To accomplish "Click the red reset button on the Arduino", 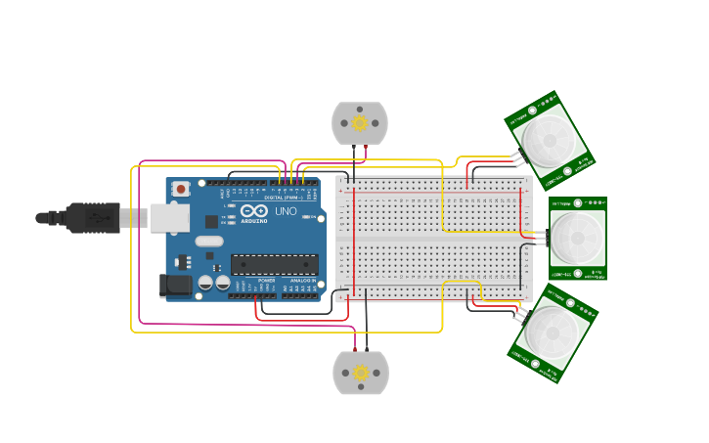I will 181,189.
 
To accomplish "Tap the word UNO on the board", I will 286,211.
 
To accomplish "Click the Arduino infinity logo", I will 253,211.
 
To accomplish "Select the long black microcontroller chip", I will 274,264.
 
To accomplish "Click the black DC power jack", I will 174,285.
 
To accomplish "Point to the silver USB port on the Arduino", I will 167,217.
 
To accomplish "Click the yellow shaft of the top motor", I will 360,122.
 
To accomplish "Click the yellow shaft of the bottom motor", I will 361,373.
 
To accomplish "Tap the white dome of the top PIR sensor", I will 548,137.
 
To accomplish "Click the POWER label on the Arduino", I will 266,281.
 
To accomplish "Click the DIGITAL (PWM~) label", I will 284,197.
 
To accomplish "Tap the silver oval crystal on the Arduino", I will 209,241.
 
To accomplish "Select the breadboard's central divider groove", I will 433,238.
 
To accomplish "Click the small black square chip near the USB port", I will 211,222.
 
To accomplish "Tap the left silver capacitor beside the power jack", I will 205,283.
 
